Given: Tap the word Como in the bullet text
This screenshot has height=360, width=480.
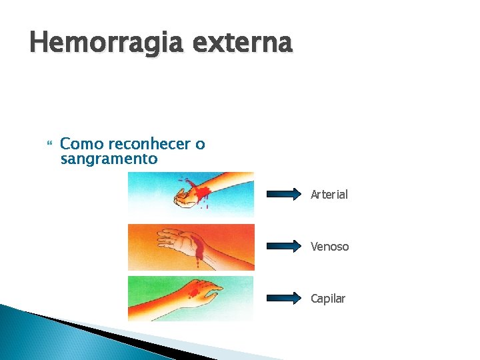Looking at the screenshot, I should (82, 144).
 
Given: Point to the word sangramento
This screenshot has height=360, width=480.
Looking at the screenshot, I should (109, 159).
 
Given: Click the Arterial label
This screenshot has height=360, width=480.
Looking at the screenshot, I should (329, 195).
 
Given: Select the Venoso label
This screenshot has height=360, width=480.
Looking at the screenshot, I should (329, 247).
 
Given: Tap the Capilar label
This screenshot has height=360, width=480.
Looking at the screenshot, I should (328, 299).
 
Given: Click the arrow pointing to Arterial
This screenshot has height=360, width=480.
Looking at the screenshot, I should (283, 194).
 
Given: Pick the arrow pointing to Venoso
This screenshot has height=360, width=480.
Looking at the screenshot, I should (283, 246).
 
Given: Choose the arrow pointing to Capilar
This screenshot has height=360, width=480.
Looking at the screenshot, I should (283, 298).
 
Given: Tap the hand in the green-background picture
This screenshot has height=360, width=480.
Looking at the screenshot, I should (210, 291).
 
